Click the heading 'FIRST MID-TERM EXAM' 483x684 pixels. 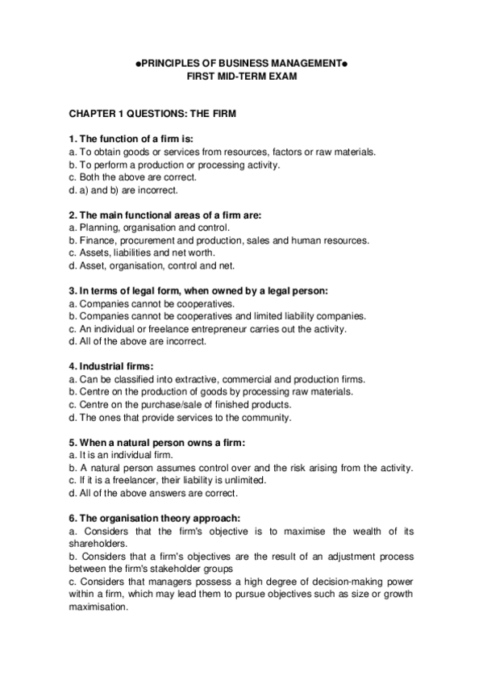241,76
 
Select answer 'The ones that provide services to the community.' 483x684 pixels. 169,417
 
